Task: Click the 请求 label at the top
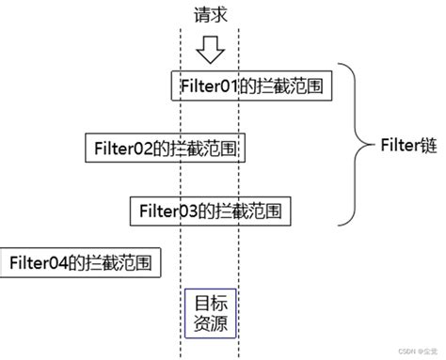click(208, 15)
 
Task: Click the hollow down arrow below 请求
click(208, 48)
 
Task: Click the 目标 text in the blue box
click(209, 304)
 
